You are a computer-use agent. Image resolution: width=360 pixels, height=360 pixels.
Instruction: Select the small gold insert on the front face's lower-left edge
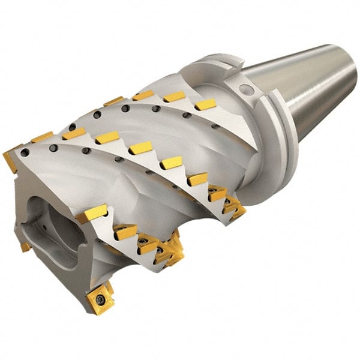[x=25, y=247]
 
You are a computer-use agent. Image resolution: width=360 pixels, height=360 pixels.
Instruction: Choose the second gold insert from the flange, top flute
[x=174, y=97]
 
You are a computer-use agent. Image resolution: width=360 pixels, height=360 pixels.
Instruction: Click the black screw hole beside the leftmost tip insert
[x=24, y=153]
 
